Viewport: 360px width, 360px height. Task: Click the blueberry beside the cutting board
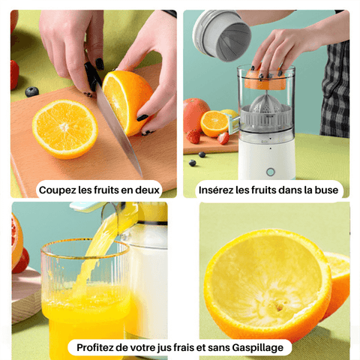31,91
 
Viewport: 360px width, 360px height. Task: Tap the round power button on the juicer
270,172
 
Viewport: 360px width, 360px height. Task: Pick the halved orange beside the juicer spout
214,123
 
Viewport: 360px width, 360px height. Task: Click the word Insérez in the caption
217,190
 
